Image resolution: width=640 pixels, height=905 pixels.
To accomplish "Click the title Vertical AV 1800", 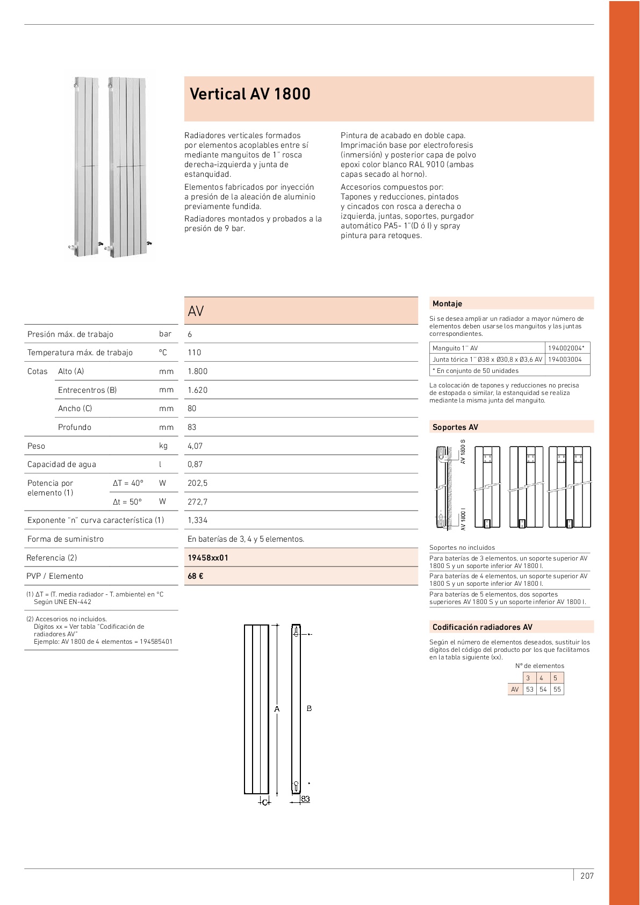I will click(x=250, y=94).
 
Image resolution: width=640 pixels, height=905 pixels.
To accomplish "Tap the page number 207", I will click(x=587, y=876).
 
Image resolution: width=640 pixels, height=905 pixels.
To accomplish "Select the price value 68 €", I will click(x=196, y=576).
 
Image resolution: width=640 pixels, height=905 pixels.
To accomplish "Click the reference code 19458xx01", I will click(x=208, y=558).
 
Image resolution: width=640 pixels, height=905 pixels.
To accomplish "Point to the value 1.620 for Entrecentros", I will click(x=197, y=390).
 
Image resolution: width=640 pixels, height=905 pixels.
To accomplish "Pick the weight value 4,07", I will click(x=195, y=446).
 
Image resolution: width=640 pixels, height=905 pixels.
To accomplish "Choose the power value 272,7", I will click(x=197, y=502).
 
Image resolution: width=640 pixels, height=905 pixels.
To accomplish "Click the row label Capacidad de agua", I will click(x=62, y=464).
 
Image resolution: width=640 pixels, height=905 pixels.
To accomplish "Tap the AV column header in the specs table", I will click(x=196, y=311).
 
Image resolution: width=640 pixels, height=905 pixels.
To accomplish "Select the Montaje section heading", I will click(x=447, y=304).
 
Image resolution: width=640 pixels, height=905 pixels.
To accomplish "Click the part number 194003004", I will click(x=565, y=360).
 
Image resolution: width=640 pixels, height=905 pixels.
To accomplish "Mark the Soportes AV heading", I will click(x=455, y=427).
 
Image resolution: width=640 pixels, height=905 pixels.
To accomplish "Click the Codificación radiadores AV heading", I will click(x=483, y=627).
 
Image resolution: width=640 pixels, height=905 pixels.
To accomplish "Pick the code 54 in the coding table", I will click(x=543, y=689).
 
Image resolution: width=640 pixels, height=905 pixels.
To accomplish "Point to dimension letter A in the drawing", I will click(x=277, y=709).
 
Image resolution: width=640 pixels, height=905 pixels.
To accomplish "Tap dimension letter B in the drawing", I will click(x=310, y=709).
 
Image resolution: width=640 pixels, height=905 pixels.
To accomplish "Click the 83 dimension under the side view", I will click(x=305, y=799).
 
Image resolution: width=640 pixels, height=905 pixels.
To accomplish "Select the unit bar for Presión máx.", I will click(x=165, y=334).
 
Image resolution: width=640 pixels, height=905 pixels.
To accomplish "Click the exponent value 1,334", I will click(x=197, y=520).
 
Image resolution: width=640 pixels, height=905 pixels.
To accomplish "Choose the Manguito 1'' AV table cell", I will click(x=455, y=348).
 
